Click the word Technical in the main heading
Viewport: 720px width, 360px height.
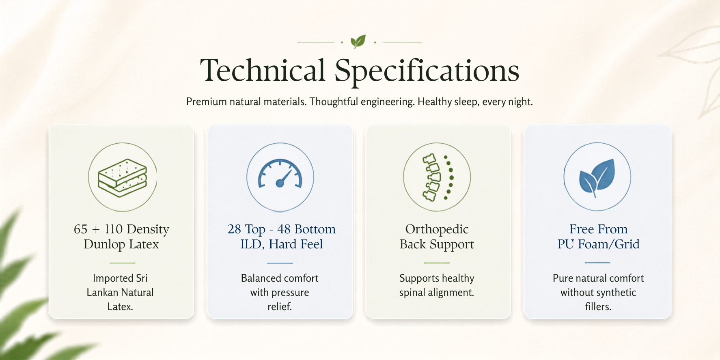click(263, 70)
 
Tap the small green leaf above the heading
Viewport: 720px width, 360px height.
click(358, 41)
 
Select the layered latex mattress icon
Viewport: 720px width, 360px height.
click(123, 177)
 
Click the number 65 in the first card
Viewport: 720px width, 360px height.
click(80, 229)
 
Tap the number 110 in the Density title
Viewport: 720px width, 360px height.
click(113, 229)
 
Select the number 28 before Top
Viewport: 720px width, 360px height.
click(234, 229)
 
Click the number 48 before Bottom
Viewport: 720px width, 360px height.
click(284, 229)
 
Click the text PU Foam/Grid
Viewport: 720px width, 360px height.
click(598, 244)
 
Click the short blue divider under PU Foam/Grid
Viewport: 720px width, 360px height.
click(597, 263)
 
